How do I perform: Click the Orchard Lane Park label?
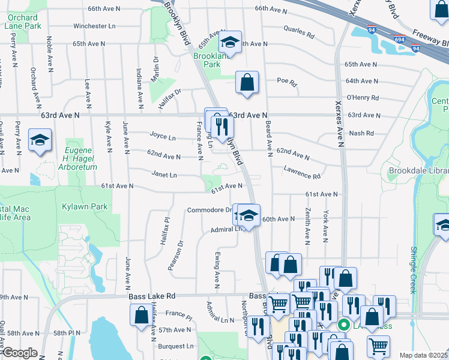22,22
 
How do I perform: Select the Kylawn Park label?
84,206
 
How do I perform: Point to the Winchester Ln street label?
94,26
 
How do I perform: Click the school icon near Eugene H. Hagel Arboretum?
40,141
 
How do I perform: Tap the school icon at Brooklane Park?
229,43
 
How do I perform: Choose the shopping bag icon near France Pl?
141,315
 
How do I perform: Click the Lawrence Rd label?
303,173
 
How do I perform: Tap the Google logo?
19,353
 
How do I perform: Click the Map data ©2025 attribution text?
423,355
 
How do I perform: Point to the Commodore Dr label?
209,210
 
